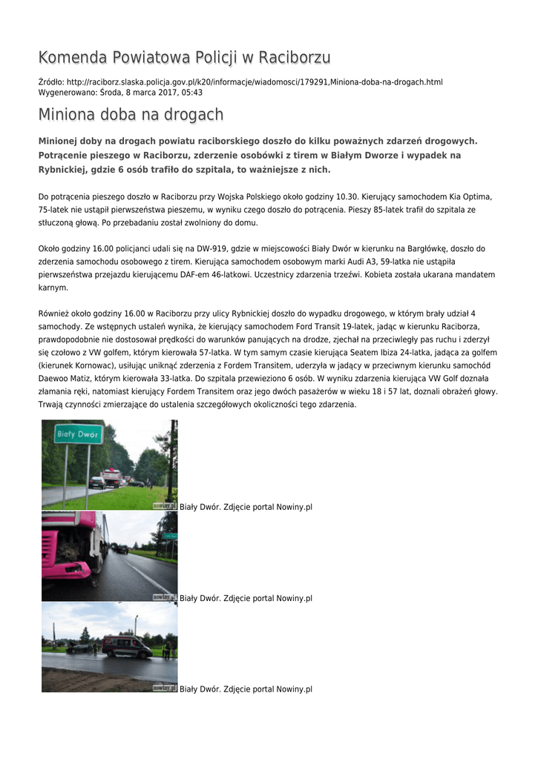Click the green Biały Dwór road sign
(x=79, y=434)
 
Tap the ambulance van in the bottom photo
(x=126, y=646)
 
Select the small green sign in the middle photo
(x=169, y=535)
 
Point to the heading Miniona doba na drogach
(x=131, y=115)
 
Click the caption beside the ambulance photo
(x=246, y=689)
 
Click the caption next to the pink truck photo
(x=246, y=598)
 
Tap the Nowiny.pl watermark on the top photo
(x=165, y=505)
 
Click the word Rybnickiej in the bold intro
(x=65, y=169)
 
